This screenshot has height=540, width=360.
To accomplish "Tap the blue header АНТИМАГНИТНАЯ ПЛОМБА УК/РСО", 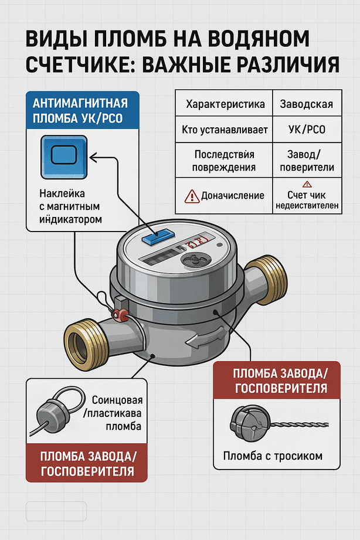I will coord(82,110).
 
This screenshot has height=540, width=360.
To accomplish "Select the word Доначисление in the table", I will coord(233,196).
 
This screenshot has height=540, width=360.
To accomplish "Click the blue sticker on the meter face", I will coord(158,237).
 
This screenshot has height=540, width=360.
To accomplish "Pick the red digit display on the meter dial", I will coord(196,242).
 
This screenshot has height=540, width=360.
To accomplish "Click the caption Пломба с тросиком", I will coord(273,456).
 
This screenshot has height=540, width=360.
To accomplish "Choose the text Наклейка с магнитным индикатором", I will coord(71,206).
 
